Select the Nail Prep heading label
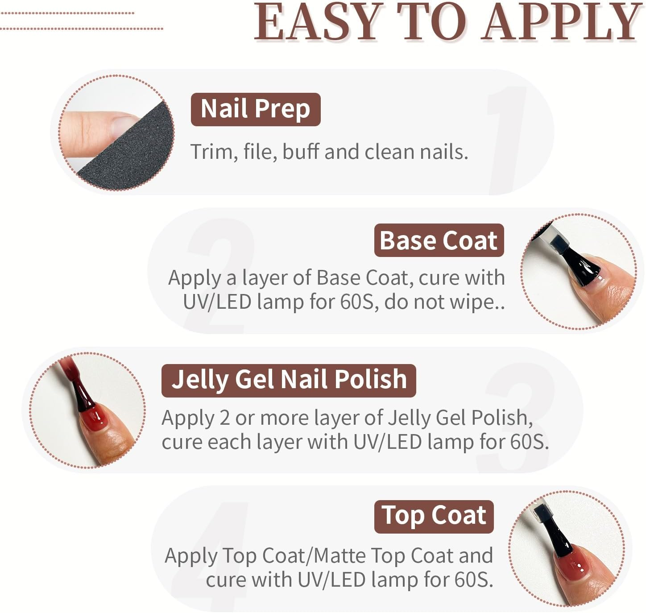click(255, 109)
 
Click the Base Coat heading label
click(439, 240)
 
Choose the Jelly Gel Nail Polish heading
click(289, 380)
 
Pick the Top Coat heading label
click(434, 516)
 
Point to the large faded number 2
click(219, 277)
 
